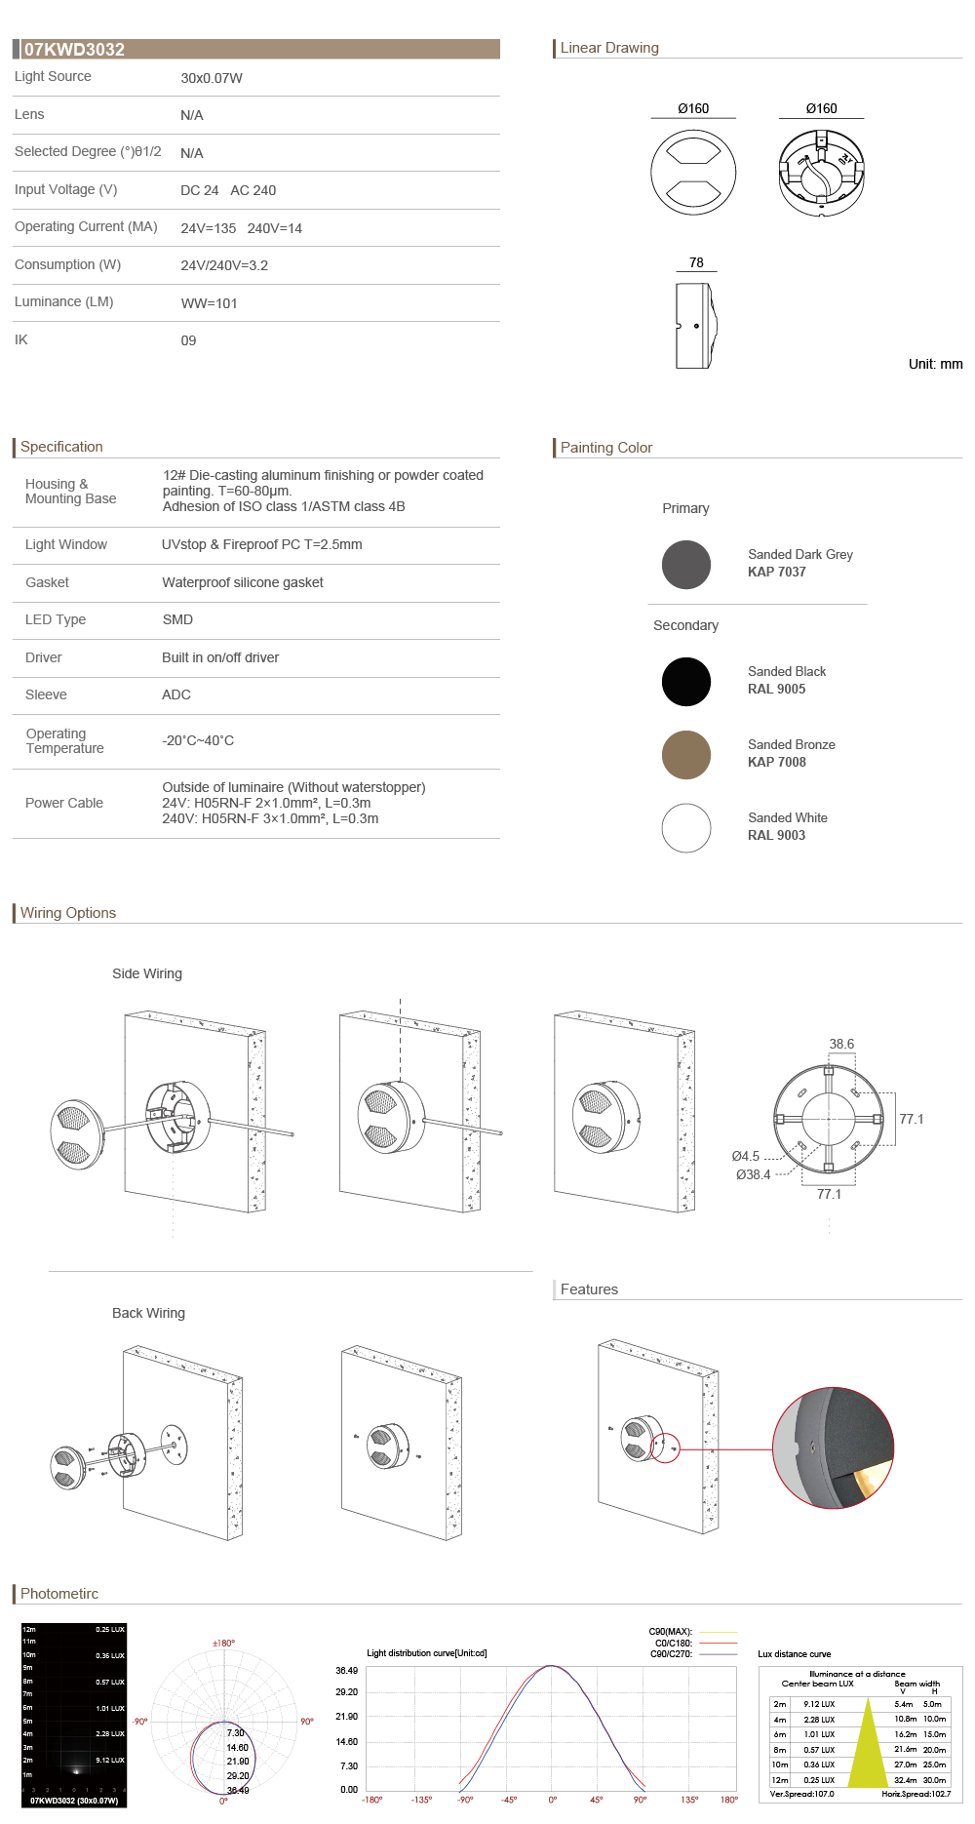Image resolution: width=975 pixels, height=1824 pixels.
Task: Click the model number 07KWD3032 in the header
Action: (74, 50)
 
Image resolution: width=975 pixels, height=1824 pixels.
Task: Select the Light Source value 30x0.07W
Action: (212, 78)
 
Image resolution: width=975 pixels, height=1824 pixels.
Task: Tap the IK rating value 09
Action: (188, 340)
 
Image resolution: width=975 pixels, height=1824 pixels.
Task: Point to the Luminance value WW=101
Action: (209, 303)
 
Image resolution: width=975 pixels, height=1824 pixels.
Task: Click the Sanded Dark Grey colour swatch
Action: (686, 565)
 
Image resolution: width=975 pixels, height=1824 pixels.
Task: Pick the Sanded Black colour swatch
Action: (686, 682)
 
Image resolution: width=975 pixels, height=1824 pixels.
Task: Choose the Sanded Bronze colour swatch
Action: (686, 755)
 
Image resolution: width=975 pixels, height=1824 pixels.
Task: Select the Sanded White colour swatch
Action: (686, 828)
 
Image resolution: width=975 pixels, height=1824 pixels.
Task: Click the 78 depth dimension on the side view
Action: (696, 262)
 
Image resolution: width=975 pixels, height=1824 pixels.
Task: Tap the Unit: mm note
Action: (935, 364)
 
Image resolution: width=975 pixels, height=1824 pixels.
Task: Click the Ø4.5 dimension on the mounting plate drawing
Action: (745, 1156)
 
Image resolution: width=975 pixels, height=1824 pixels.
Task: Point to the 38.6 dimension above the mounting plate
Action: (841, 1044)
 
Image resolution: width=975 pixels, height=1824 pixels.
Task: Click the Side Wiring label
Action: (147, 973)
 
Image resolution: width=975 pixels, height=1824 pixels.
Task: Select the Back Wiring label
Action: (148, 1313)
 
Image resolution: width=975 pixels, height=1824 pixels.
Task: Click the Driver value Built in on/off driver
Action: (220, 657)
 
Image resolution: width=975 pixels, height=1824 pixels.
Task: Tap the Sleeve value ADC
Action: (176, 694)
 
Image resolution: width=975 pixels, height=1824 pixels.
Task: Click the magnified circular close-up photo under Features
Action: (833, 1447)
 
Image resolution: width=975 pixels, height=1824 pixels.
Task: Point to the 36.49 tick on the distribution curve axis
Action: (346, 1671)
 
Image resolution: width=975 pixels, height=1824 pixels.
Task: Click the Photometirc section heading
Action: (59, 1594)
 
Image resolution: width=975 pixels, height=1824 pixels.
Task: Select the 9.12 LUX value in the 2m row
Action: (819, 1704)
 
